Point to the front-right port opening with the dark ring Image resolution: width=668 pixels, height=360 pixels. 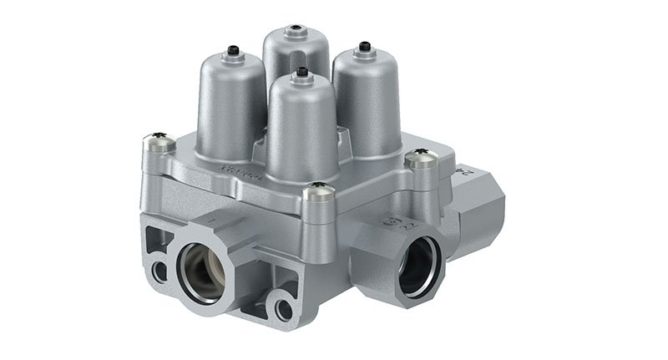418,266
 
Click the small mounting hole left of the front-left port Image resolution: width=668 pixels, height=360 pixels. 156,271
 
